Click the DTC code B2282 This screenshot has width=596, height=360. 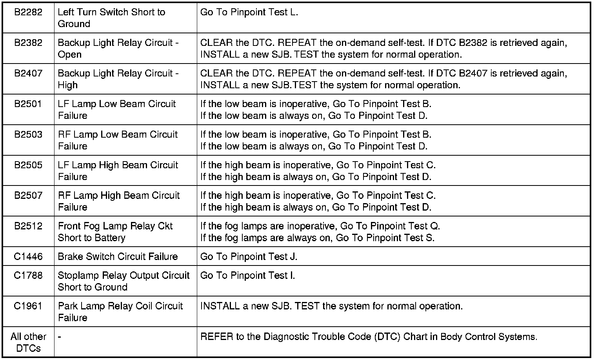coord(28,12)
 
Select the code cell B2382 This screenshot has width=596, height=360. coord(28,43)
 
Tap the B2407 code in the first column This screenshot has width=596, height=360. coord(28,73)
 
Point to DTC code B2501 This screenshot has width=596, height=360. coord(28,104)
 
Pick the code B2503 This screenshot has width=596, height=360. coord(28,135)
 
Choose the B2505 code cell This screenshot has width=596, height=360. coord(28,165)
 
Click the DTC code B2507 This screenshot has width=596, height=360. coord(28,196)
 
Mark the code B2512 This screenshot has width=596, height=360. coord(28,226)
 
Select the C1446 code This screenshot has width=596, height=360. coord(28,257)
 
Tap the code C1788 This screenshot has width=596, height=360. coord(28,276)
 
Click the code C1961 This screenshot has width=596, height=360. coord(28,306)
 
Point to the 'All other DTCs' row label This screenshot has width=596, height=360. coord(28,342)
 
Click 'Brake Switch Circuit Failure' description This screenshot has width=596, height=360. coord(118,257)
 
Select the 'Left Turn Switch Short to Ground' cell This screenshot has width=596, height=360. coord(111,18)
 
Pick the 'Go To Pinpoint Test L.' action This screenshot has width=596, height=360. coord(249,12)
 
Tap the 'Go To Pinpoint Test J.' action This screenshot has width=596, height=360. coord(249,257)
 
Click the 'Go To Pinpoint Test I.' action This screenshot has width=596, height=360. coord(247,276)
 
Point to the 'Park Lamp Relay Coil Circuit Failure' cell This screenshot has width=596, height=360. coord(120,312)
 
